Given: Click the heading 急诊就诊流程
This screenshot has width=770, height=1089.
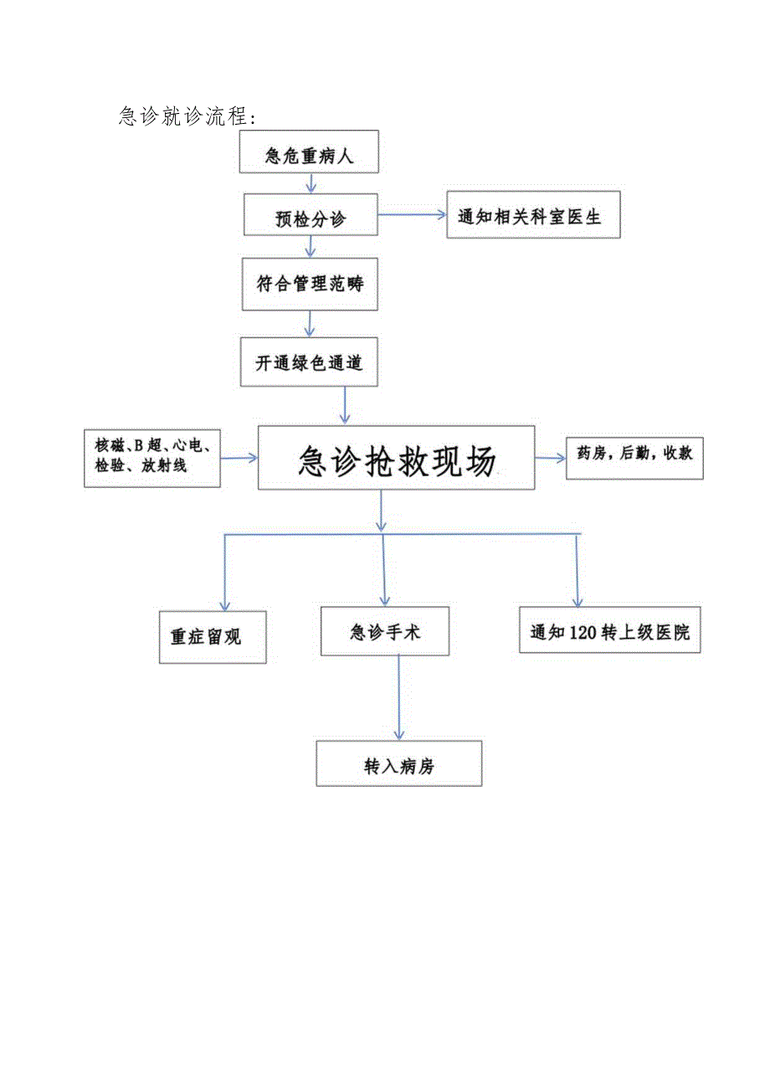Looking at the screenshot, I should pyautogui.click(x=187, y=116).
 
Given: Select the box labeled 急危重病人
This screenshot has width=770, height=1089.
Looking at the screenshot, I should pyautogui.click(x=309, y=152).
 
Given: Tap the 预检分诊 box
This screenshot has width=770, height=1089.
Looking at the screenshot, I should pyautogui.click(x=311, y=217).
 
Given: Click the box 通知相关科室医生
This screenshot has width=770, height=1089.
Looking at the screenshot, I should pyautogui.click(x=533, y=217).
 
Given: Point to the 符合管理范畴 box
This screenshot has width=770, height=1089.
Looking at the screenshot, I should pyautogui.click(x=311, y=284).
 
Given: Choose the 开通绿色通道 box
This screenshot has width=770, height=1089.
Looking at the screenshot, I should pyautogui.click(x=309, y=362).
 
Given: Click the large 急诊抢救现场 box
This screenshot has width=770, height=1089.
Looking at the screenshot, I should pyautogui.click(x=396, y=457).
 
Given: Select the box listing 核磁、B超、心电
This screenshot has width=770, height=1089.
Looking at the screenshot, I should pyautogui.click(x=152, y=458).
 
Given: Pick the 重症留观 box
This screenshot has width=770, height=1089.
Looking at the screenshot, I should pyautogui.click(x=213, y=637).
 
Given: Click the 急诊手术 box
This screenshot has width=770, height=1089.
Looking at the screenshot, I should pyautogui.click(x=385, y=632).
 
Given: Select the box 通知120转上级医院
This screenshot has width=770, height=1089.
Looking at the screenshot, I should pyautogui.click(x=609, y=630).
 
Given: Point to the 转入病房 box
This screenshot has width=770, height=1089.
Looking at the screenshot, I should pyautogui.click(x=399, y=763).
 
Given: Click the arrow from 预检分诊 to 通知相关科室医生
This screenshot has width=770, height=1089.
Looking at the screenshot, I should pyautogui.click(x=412, y=215).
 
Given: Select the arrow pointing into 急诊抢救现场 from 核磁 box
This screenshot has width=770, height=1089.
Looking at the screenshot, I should pyautogui.click(x=239, y=458).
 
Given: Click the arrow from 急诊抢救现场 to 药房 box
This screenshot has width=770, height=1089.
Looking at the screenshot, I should pyautogui.click(x=550, y=458).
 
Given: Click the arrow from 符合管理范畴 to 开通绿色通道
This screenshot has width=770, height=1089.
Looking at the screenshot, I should pyautogui.click(x=310, y=324).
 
